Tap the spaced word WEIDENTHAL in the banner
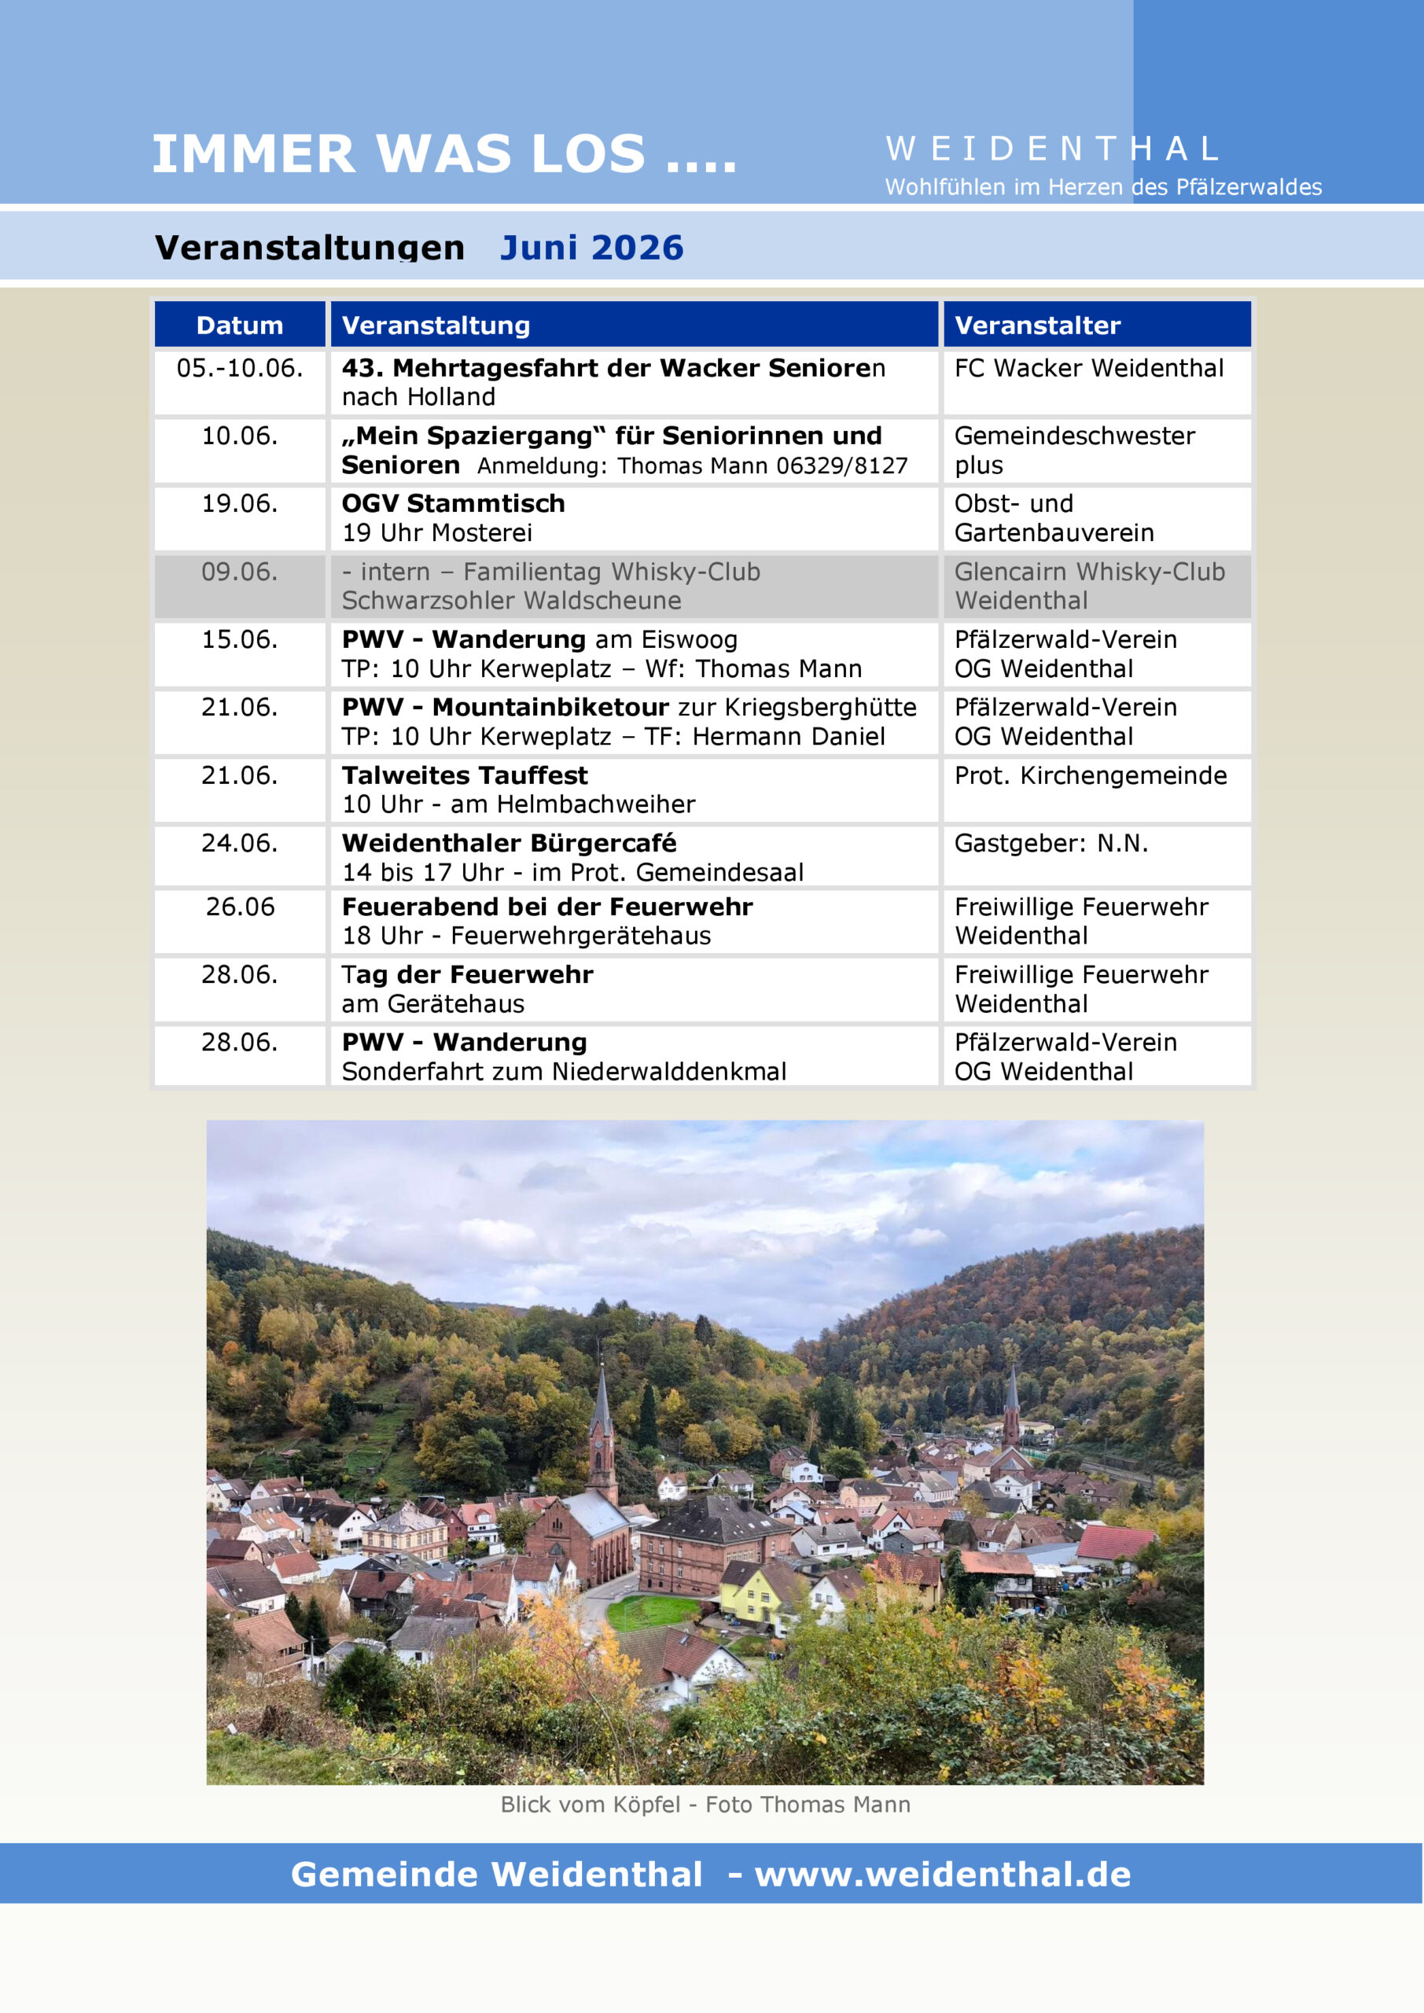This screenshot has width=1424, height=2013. (x=1051, y=149)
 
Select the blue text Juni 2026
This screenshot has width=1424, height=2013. (x=591, y=248)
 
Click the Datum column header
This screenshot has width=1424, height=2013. (x=239, y=326)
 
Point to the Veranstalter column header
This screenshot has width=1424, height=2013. (x=1037, y=326)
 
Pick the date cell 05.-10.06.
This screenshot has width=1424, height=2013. (x=239, y=368)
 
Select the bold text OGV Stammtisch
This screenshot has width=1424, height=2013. (x=454, y=503)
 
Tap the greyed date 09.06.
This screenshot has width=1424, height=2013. (x=239, y=572)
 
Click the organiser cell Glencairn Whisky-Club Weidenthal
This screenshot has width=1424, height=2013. (x=1089, y=586)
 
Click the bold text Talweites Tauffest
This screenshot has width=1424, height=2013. (x=465, y=775)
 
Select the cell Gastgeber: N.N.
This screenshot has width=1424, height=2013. (x=1051, y=844)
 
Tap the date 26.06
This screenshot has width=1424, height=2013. (x=239, y=907)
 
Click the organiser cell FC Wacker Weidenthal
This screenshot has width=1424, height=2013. (x=1088, y=368)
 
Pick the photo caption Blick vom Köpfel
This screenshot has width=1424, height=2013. (x=590, y=1805)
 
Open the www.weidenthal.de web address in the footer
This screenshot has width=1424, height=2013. (x=943, y=1874)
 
